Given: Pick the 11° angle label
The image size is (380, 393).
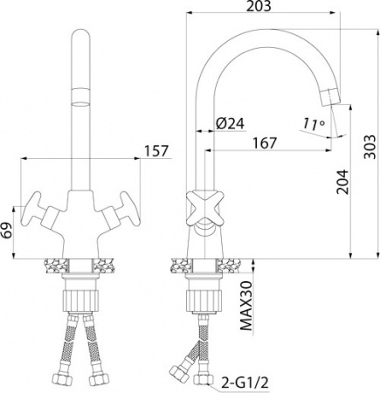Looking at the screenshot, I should [310, 124].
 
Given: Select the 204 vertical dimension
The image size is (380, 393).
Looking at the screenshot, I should [342, 180].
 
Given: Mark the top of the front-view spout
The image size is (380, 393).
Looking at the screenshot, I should [79, 35].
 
